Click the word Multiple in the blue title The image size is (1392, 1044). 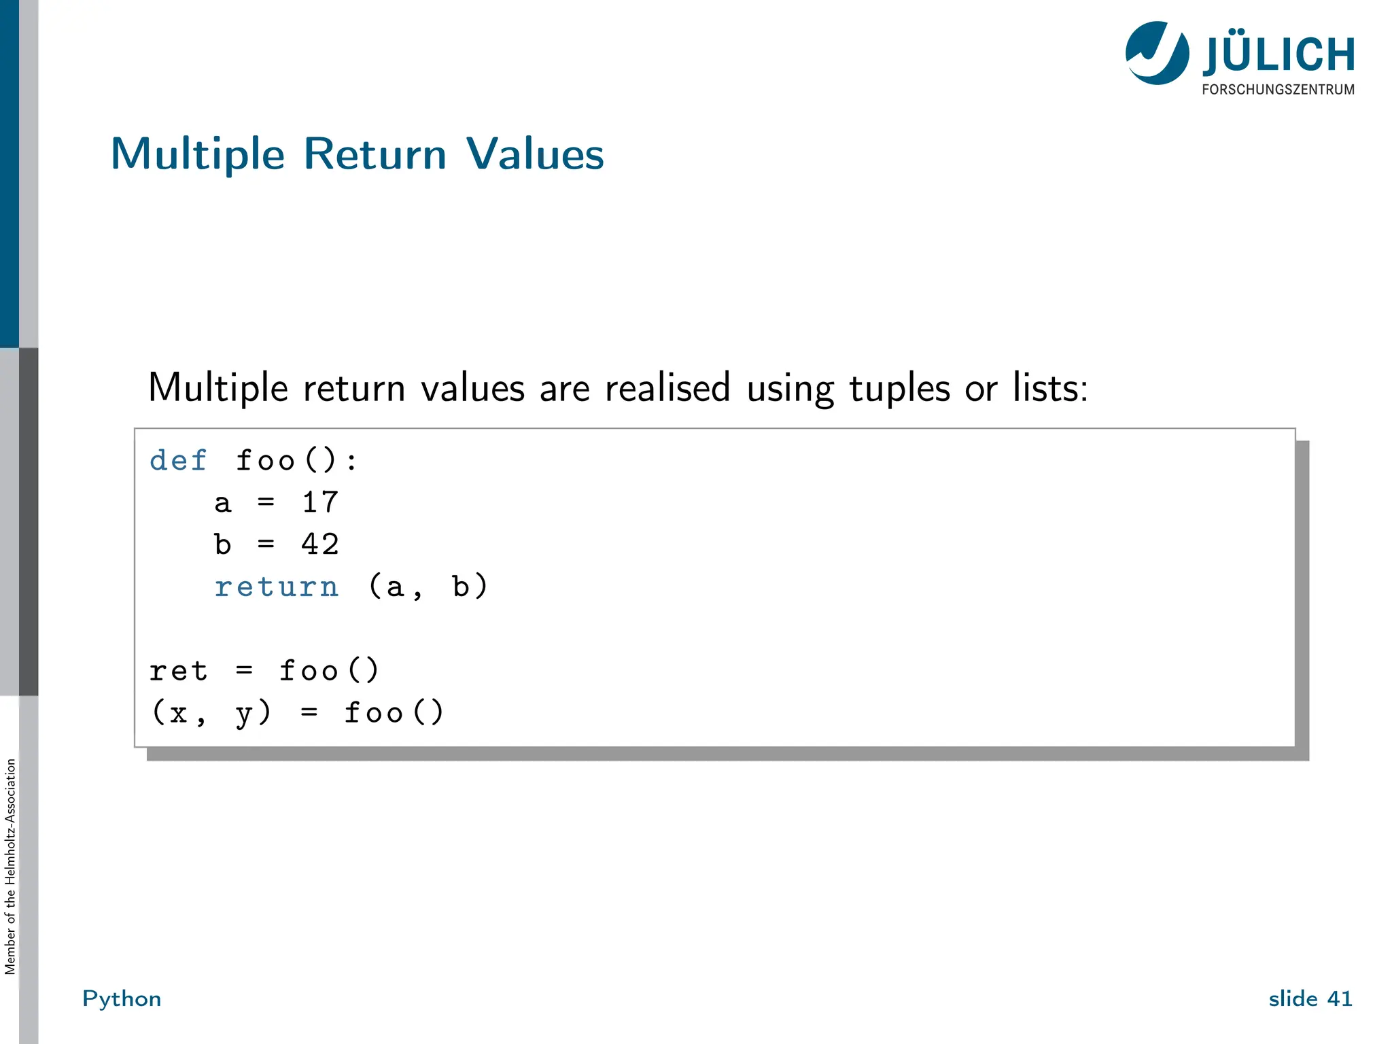[x=197, y=155]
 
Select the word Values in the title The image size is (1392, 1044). [x=535, y=154]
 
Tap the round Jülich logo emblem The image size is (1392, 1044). [x=1157, y=53]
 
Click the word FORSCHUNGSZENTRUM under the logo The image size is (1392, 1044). [x=1278, y=90]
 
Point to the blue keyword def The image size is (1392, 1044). [x=178, y=461]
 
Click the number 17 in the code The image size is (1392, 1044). [x=319, y=503]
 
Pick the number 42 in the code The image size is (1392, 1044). [x=319, y=544]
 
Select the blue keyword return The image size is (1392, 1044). [x=276, y=587]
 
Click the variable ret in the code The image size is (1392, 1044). [x=178, y=671]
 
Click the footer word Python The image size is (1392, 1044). [x=122, y=998]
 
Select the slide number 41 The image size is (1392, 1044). [x=1339, y=998]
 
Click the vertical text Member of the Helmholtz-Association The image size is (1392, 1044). [x=10, y=867]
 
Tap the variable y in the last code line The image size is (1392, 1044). [x=243, y=714]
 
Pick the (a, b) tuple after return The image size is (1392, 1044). [x=428, y=587]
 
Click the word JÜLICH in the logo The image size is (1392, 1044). [x=1278, y=54]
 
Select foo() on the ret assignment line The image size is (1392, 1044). [x=329, y=671]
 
